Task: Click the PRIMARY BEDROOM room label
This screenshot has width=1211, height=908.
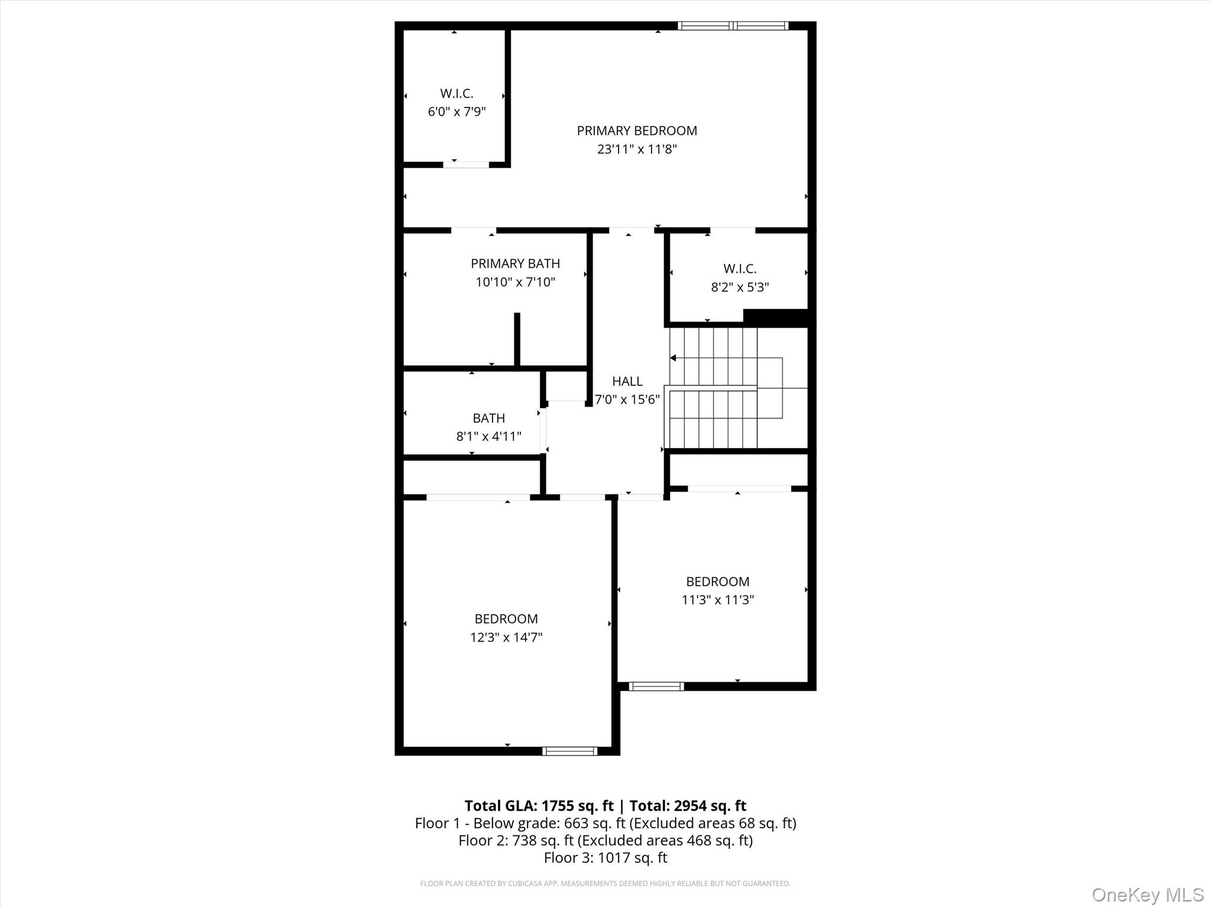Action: pyautogui.click(x=637, y=131)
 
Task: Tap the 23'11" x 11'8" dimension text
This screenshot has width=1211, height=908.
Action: pyautogui.click(x=637, y=149)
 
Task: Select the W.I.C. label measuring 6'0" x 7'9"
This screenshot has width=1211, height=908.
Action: pyautogui.click(x=456, y=93)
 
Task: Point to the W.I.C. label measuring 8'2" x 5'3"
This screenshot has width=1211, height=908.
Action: pyautogui.click(x=740, y=269)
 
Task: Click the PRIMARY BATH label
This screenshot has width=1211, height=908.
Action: pyautogui.click(x=515, y=264)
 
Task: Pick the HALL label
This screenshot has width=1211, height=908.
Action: pyautogui.click(x=627, y=381)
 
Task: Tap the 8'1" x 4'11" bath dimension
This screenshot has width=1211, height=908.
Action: pyautogui.click(x=488, y=436)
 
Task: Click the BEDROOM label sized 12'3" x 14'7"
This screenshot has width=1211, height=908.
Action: pyautogui.click(x=506, y=619)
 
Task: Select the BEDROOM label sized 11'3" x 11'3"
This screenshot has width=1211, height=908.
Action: pyautogui.click(x=717, y=582)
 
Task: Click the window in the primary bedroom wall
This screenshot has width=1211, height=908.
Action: pyautogui.click(x=733, y=25)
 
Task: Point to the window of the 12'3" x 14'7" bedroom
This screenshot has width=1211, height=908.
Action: pyautogui.click(x=569, y=751)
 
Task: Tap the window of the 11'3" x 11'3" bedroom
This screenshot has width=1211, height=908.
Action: pyautogui.click(x=656, y=686)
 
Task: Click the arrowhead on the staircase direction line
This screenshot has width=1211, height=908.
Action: pyautogui.click(x=673, y=358)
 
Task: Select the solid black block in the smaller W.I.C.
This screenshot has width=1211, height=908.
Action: pyautogui.click(x=775, y=317)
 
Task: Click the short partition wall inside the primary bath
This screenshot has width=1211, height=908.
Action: pyautogui.click(x=517, y=339)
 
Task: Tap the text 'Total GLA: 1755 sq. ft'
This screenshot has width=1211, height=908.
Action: pyautogui.click(x=539, y=806)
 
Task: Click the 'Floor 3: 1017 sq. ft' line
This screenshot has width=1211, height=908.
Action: pyautogui.click(x=605, y=858)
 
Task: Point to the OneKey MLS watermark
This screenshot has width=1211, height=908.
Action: pyautogui.click(x=1147, y=895)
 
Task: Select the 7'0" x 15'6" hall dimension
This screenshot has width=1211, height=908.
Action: pyautogui.click(x=627, y=400)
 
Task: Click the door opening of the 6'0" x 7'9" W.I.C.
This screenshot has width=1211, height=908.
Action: pyautogui.click(x=466, y=164)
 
